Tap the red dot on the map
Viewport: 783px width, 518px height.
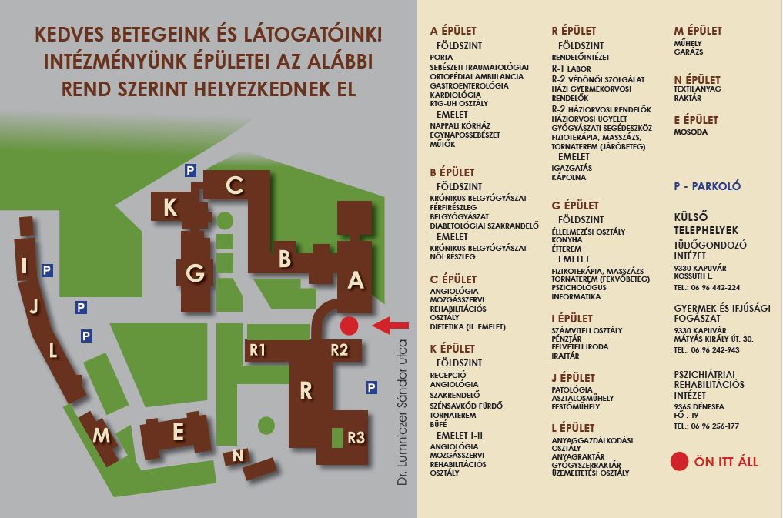pyautogui.click(x=349, y=326)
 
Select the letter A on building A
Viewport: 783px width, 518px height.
pyautogui.click(x=355, y=281)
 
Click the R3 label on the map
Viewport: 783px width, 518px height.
pyautogui.click(x=356, y=438)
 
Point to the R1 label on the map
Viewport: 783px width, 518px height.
pyautogui.click(x=258, y=350)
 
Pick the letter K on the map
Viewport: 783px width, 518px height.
pyautogui.click(x=170, y=208)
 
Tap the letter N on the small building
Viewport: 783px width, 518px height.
pyautogui.click(x=238, y=456)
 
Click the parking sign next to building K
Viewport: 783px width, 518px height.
pyautogui.click(x=190, y=170)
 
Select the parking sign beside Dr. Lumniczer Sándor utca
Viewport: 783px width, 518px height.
pyautogui.click(x=372, y=387)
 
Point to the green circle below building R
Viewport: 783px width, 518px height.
pyautogui.click(x=266, y=424)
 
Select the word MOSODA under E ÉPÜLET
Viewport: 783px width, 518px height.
pyautogui.click(x=691, y=132)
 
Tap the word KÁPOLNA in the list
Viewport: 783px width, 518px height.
pyautogui.click(x=569, y=178)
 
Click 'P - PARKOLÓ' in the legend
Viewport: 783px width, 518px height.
pyautogui.click(x=707, y=186)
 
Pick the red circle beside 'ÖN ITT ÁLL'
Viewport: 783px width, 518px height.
pyautogui.click(x=679, y=462)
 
